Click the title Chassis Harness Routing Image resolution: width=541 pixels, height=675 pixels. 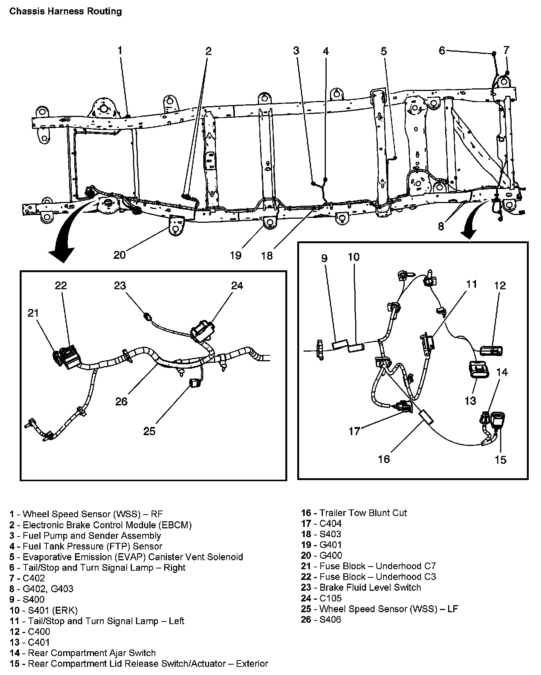tap(65, 12)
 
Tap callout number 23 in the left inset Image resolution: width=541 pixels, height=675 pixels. tap(120, 286)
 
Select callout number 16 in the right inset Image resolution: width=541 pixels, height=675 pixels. tap(384, 459)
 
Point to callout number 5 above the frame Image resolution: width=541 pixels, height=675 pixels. tap(383, 51)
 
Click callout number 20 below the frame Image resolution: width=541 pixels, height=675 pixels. tap(120, 255)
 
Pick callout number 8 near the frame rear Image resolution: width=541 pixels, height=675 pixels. tap(441, 226)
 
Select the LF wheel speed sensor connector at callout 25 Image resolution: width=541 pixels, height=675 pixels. tap(194, 383)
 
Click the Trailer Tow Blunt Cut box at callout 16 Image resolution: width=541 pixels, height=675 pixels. tap(427, 417)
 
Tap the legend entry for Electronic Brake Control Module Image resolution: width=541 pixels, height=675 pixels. tap(101, 525)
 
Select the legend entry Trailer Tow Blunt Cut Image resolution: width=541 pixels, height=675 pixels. tap(354, 513)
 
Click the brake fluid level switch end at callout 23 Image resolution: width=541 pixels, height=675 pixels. tap(148, 316)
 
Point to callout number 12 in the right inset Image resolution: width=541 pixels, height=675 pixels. tap(500, 286)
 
